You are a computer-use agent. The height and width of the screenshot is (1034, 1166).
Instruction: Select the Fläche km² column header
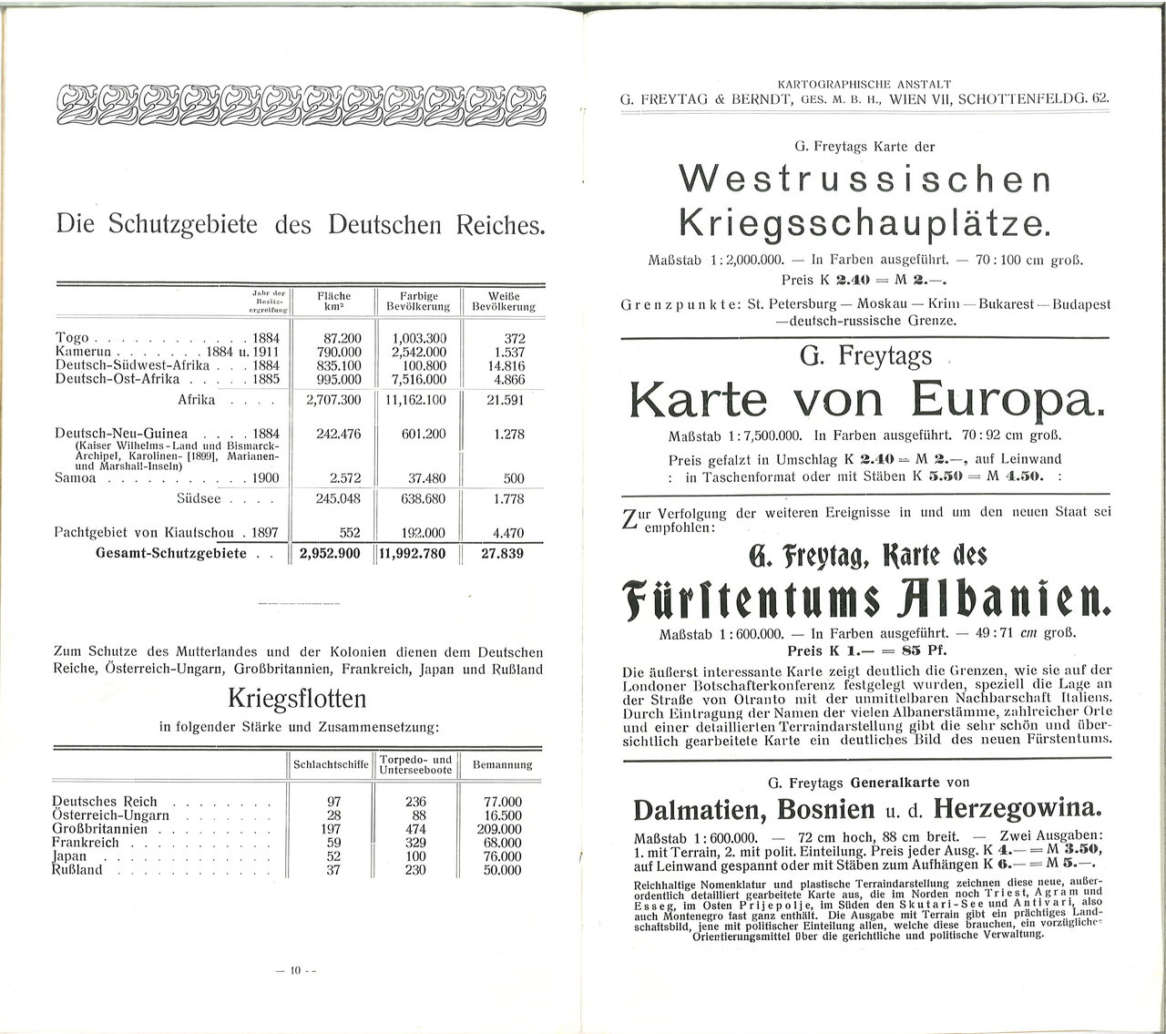pyautogui.click(x=333, y=302)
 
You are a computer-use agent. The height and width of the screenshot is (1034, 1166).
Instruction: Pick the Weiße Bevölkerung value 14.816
pyautogui.click(x=508, y=366)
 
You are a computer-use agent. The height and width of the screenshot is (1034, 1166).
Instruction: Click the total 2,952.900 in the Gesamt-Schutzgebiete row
pyautogui.click(x=331, y=554)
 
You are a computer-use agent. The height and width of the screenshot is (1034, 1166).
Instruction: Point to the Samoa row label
pyautogui.click(x=76, y=478)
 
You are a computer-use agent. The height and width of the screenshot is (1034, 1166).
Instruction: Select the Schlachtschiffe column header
pyautogui.click(x=329, y=765)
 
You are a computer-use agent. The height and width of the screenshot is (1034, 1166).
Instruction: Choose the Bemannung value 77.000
pyautogui.click(x=502, y=802)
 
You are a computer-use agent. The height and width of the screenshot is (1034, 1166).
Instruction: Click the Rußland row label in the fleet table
pyautogui.click(x=77, y=870)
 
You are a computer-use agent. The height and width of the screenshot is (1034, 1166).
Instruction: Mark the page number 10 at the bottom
pyautogui.click(x=295, y=971)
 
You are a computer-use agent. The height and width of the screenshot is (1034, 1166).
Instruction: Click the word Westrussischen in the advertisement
pyautogui.click(x=865, y=178)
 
